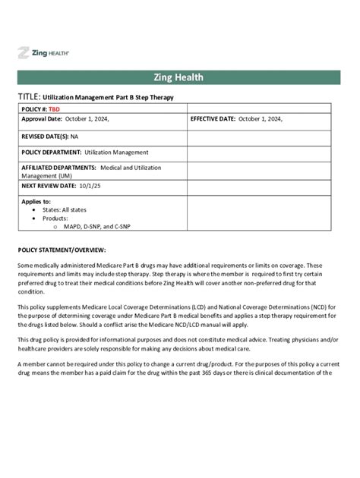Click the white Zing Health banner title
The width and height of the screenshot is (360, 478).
180,78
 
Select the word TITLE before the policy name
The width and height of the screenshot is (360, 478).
28,97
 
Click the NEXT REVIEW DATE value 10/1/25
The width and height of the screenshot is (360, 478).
90,185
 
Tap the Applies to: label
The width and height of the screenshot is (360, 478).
36,202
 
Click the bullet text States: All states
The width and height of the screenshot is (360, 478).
67,210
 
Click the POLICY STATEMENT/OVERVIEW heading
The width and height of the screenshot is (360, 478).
62,250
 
